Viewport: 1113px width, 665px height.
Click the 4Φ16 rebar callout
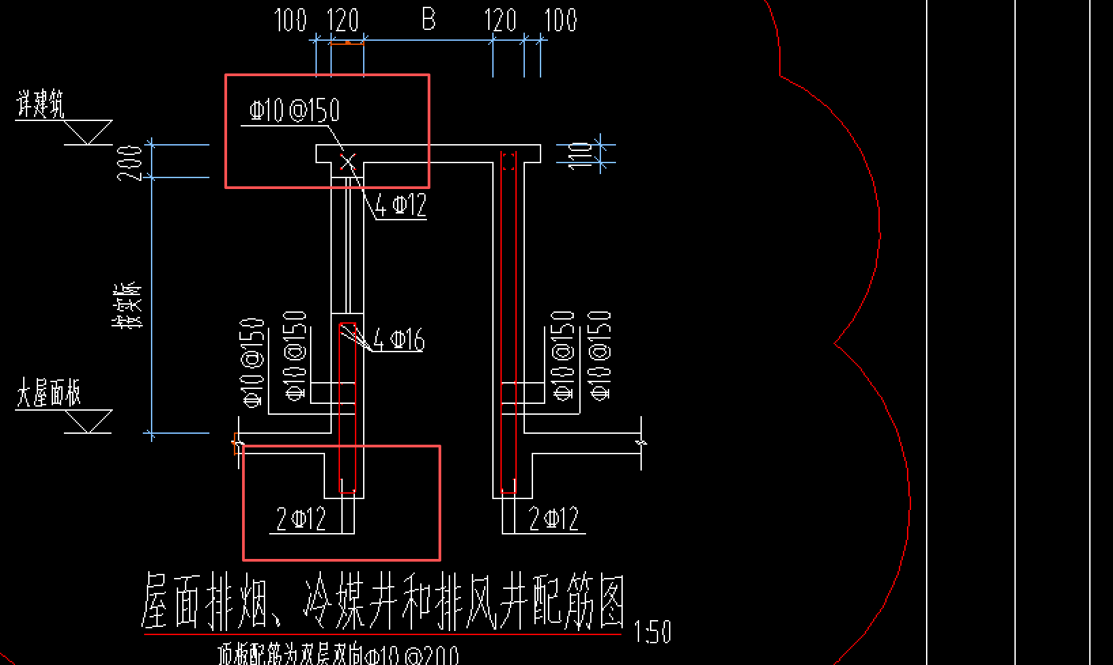click(399, 339)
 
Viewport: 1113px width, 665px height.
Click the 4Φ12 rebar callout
click(401, 205)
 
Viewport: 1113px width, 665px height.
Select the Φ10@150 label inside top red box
click(294, 110)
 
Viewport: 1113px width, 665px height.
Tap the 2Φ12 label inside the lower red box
click(301, 519)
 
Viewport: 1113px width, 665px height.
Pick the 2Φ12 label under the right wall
click(554, 519)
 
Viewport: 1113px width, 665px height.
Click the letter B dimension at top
click(428, 19)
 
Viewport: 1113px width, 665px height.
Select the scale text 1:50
click(652, 632)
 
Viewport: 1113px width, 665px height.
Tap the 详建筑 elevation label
click(40, 106)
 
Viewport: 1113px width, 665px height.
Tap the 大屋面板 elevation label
click(48, 394)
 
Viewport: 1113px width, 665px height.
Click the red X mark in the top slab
click(348, 162)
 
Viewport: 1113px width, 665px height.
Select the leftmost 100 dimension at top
click(290, 20)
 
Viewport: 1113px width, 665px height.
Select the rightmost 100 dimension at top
click(561, 20)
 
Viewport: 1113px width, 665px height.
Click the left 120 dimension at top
click(343, 20)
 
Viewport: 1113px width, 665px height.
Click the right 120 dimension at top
click(501, 20)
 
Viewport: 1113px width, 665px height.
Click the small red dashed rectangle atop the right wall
click(509, 161)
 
